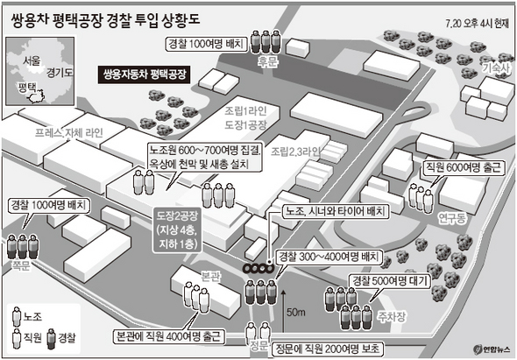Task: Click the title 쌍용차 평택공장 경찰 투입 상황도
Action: coord(105,20)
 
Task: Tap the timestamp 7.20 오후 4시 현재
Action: coord(477,24)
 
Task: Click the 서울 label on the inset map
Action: coord(32,60)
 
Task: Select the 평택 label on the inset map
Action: coord(27,87)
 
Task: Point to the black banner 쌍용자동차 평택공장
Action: coord(145,74)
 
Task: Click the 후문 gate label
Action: coord(267,61)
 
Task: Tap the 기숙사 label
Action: coord(496,68)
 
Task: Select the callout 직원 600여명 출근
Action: coord(464,167)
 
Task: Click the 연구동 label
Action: coord(453,218)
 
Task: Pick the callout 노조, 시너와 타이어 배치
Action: coord(335,211)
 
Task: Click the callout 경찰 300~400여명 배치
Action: coord(329,257)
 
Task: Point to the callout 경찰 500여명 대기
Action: coord(391,281)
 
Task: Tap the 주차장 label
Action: coord(392,316)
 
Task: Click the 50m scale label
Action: coord(296,312)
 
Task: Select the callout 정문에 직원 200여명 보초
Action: coord(327,349)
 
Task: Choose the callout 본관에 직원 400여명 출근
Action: coord(168,336)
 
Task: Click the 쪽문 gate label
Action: coord(21,265)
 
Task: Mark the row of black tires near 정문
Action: coord(258,268)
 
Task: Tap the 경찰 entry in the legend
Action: coord(62,337)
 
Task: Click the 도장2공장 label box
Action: coord(177,229)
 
